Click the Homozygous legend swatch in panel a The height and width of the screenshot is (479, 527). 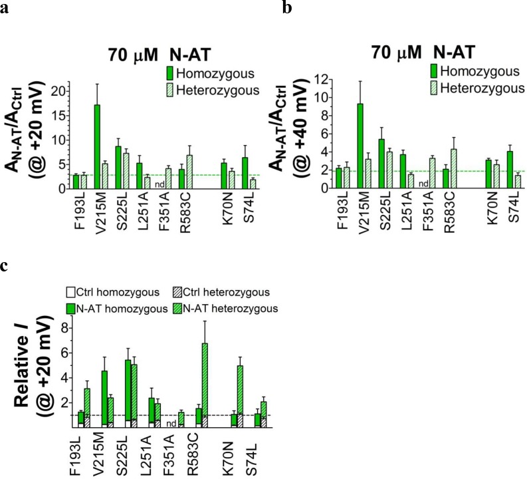(x=171, y=72)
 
